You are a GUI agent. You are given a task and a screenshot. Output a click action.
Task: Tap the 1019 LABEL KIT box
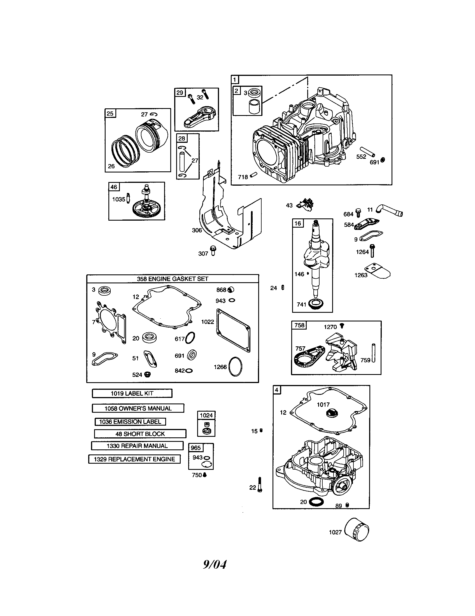click(x=132, y=393)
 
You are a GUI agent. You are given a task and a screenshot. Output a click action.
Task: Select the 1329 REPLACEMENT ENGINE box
click(x=134, y=459)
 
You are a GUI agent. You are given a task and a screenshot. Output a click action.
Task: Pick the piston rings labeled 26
click(x=124, y=152)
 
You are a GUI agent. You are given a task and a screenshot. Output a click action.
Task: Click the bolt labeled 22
click(x=260, y=485)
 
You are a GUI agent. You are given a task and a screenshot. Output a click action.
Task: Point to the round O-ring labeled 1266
click(x=236, y=367)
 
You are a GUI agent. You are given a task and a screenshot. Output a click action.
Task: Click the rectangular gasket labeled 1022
click(x=233, y=330)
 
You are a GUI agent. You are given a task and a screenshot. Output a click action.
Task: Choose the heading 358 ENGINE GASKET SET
click(x=172, y=279)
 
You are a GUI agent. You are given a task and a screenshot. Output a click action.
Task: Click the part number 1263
click(x=361, y=275)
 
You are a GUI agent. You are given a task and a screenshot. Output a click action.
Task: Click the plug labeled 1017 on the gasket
click(x=330, y=414)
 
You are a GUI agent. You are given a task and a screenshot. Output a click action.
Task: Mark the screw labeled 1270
click(x=342, y=326)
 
